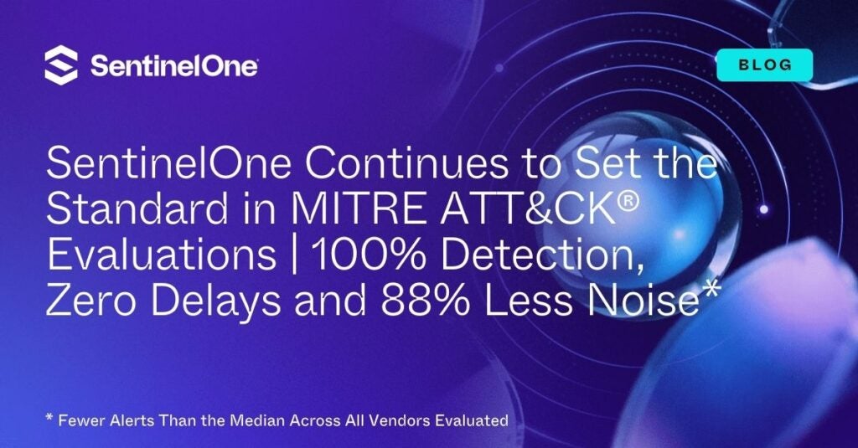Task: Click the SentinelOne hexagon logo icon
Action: [61, 65]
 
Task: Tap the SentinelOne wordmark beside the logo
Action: [173, 66]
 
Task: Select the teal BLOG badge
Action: [764, 64]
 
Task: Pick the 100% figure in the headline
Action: [360, 255]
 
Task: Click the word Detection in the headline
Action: [538, 255]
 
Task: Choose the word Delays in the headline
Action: [225, 299]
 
